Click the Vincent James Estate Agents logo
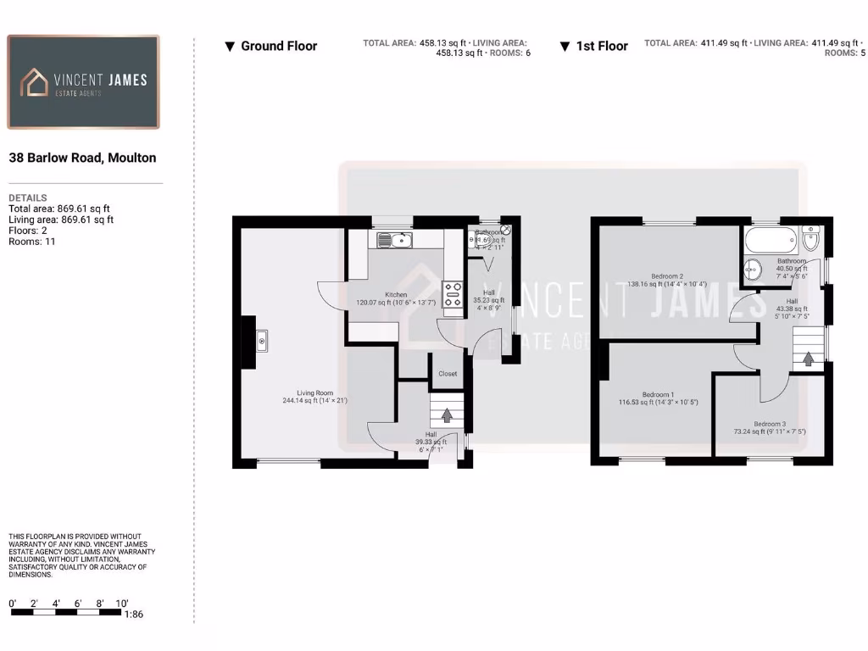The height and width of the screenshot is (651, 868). pyautogui.click(x=83, y=81)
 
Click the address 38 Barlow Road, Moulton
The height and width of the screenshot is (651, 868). pyautogui.click(x=82, y=158)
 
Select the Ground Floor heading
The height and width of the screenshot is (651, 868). pyautogui.click(x=270, y=46)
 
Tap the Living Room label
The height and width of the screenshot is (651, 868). pyautogui.click(x=314, y=393)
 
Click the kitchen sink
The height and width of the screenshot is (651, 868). pyautogui.click(x=394, y=240)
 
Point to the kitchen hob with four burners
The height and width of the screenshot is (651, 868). pyautogui.click(x=453, y=293)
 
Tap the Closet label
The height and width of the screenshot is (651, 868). pyautogui.click(x=448, y=374)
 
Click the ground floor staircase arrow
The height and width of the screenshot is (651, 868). pyautogui.click(x=447, y=415)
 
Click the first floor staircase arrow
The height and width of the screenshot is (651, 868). pyautogui.click(x=808, y=358)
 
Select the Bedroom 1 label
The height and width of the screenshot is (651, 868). pyautogui.click(x=658, y=395)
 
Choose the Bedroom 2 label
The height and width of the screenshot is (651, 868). pyautogui.click(x=667, y=276)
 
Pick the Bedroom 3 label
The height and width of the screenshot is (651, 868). pyautogui.click(x=770, y=425)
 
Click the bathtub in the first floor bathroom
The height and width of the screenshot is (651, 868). pyautogui.click(x=771, y=241)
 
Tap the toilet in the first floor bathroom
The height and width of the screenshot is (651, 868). pyautogui.click(x=810, y=240)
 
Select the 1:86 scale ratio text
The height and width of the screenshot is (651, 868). pyautogui.click(x=133, y=615)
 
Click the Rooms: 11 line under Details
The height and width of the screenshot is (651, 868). pyautogui.click(x=32, y=242)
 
